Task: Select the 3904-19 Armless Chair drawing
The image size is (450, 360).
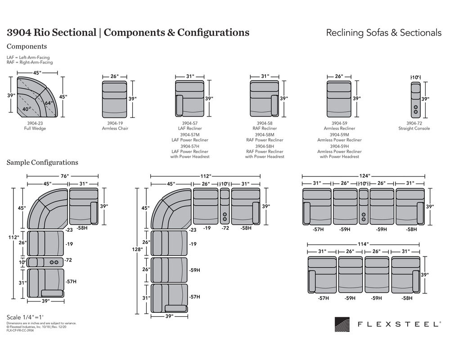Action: [115, 98]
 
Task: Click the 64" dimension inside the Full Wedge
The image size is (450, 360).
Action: [48, 103]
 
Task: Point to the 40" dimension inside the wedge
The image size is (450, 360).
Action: [27, 109]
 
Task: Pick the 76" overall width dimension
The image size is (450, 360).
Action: [63, 176]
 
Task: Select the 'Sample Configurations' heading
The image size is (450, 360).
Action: [42, 162]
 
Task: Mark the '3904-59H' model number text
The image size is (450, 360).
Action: [339, 146]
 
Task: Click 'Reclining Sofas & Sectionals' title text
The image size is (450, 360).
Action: [383, 33]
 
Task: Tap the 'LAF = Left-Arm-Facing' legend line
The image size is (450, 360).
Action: [28, 58]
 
